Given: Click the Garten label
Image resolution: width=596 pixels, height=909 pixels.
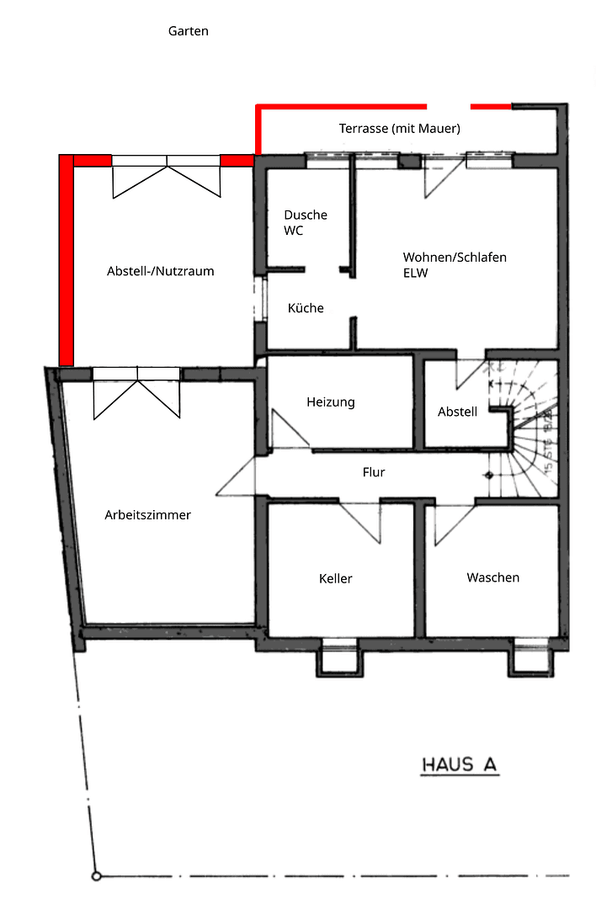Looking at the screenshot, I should click(188, 31).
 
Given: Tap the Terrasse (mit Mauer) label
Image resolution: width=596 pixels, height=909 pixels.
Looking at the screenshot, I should click(399, 129).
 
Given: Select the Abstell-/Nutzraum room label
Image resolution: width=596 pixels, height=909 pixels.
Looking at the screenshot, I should click(160, 271).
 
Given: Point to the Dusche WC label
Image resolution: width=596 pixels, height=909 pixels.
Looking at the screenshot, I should click(305, 222).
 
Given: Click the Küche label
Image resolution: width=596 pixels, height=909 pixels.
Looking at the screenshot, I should click(306, 308).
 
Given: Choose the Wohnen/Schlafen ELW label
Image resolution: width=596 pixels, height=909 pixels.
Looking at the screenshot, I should click(455, 264).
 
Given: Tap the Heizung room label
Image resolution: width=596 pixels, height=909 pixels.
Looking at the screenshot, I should click(331, 402).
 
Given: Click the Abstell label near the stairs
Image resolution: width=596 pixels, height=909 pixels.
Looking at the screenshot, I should click(458, 412).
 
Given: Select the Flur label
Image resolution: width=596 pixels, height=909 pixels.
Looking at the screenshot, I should click(374, 472).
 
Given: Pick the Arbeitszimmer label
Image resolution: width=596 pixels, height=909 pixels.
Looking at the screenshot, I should click(147, 515).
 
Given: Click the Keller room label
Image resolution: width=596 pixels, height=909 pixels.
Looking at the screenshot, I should click(336, 578).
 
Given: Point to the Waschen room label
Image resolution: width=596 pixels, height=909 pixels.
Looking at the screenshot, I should click(492, 577).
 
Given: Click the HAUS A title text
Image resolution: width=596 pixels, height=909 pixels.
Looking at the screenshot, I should click(460, 765).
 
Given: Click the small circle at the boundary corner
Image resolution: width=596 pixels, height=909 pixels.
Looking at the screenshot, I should click(97, 876).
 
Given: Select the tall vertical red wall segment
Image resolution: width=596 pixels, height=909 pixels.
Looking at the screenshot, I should click(67, 261).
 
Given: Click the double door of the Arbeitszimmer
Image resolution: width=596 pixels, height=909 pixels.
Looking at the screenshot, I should click(136, 394).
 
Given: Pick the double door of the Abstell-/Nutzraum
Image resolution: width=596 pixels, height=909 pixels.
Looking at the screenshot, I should click(167, 175).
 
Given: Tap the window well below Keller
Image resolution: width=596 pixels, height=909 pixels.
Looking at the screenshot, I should click(341, 658).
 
